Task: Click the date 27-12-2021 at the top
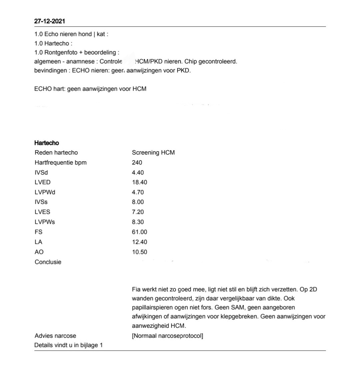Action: [x=50, y=21]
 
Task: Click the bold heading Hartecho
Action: [x=47, y=143]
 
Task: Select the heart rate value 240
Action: [x=137, y=163]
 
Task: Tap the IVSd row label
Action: [x=41, y=173]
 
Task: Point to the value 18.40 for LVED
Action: [x=139, y=182]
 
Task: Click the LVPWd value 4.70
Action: [x=138, y=192]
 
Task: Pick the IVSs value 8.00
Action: [x=138, y=202]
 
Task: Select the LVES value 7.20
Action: [x=138, y=212]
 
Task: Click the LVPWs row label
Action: [x=45, y=222]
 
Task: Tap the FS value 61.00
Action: [x=139, y=232]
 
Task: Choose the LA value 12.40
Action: [x=139, y=242]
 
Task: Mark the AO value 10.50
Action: [x=139, y=252]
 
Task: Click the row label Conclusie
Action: [x=48, y=262]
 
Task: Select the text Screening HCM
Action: [x=153, y=153]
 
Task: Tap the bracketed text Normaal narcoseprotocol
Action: [x=167, y=336]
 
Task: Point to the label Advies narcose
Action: [x=55, y=336]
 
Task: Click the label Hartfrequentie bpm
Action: [x=60, y=163]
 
